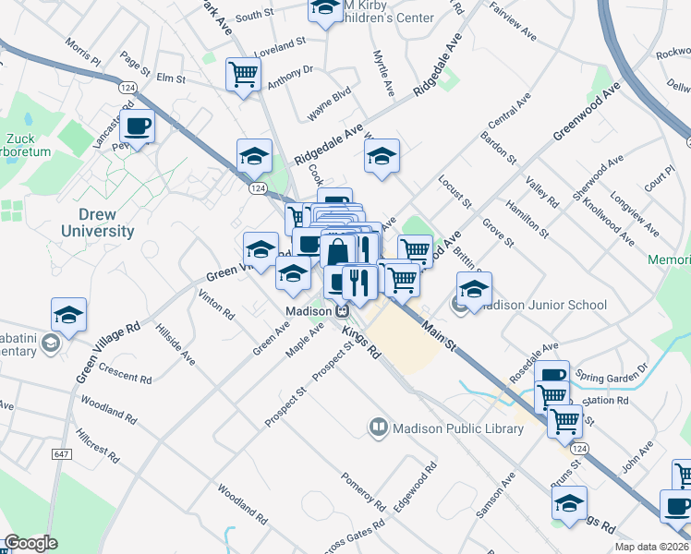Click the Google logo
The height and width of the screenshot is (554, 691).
point(30,543)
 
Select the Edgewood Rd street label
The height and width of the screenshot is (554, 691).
point(415,486)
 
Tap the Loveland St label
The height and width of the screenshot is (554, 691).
point(281,44)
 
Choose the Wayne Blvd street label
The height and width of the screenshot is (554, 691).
point(330,103)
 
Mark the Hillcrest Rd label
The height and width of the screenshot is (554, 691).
point(98,444)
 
